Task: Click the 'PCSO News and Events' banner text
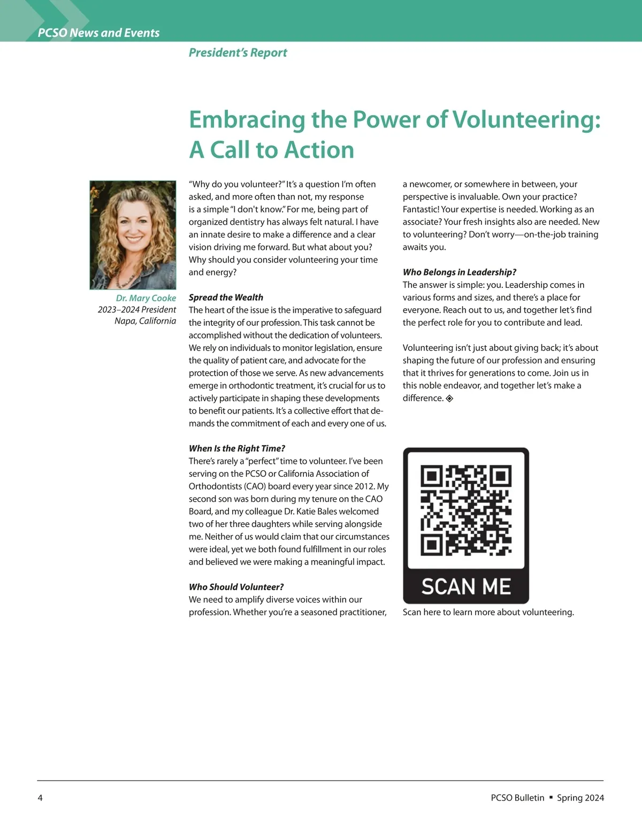[98, 33]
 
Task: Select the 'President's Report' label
[238, 52]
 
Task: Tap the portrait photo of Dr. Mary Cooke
[133, 235]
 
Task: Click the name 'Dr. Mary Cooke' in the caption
[146, 298]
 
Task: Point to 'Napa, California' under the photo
[145, 321]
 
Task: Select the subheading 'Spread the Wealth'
[226, 298]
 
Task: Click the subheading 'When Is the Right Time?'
[236, 448]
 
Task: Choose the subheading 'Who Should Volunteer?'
[236, 587]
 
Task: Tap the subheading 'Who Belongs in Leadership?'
[459, 272]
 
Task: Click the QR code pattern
[465, 510]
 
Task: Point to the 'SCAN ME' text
[465, 586]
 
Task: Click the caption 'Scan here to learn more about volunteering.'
[488, 612]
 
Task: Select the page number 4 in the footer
[40, 798]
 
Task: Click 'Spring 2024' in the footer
[580, 798]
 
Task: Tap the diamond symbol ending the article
[449, 398]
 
